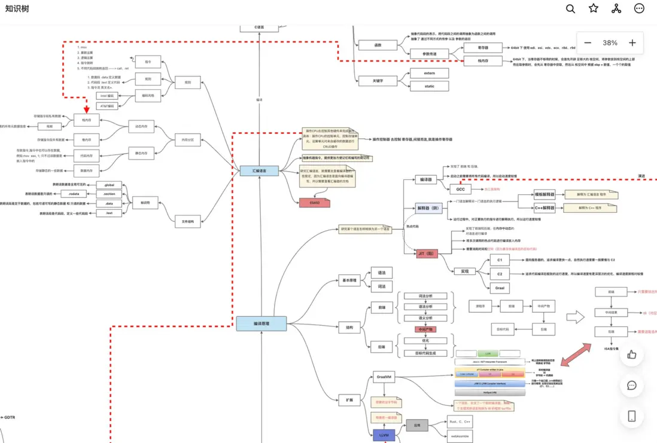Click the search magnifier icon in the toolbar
click(x=571, y=8)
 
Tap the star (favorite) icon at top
click(x=594, y=8)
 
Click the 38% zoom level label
click(x=610, y=43)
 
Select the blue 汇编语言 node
click(x=259, y=171)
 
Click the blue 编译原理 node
click(x=261, y=323)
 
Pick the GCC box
click(x=460, y=189)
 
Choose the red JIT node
click(x=427, y=254)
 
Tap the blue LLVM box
click(x=384, y=435)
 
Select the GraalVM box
click(x=384, y=377)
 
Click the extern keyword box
click(x=429, y=73)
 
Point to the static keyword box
click(x=429, y=86)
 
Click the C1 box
click(x=500, y=260)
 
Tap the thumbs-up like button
click(x=631, y=355)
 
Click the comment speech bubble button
click(x=631, y=385)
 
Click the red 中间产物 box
click(x=425, y=329)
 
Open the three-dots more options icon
click(x=639, y=8)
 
